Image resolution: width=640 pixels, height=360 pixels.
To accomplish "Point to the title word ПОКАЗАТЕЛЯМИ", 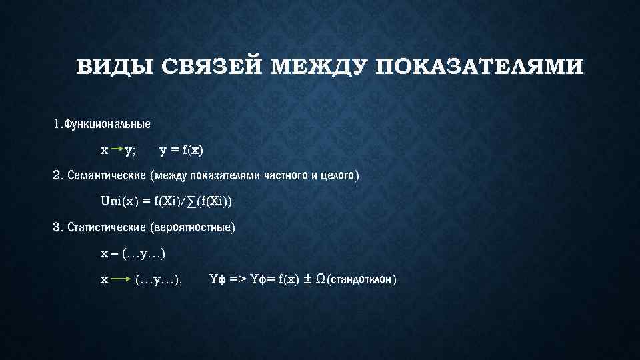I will tap(479, 68).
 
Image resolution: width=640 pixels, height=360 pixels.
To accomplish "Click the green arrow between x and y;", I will tap(117, 149).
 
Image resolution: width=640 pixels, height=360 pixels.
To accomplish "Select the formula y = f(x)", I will tap(182, 150).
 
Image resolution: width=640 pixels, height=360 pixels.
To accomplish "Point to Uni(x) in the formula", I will tap(117, 201).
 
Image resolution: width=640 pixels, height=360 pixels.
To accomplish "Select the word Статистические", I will tap(107, 227).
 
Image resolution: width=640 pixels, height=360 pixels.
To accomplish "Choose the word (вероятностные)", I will tap(193, 227).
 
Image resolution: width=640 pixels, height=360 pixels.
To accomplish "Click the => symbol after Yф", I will tap(237, 279).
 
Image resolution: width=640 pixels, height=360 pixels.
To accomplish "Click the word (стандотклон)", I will tap(361, 279).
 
